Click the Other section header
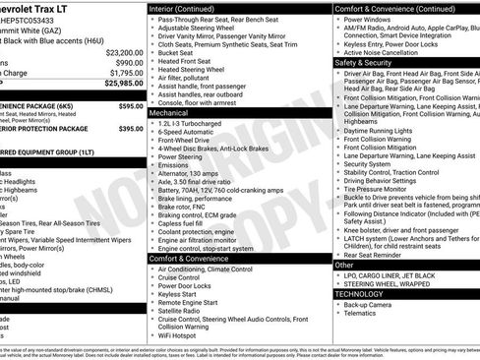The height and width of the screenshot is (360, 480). click(x=344, y=265)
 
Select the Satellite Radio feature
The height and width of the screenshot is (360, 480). click(x=185, y=310)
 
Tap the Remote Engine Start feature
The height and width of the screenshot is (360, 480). click(x=191, y=301)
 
